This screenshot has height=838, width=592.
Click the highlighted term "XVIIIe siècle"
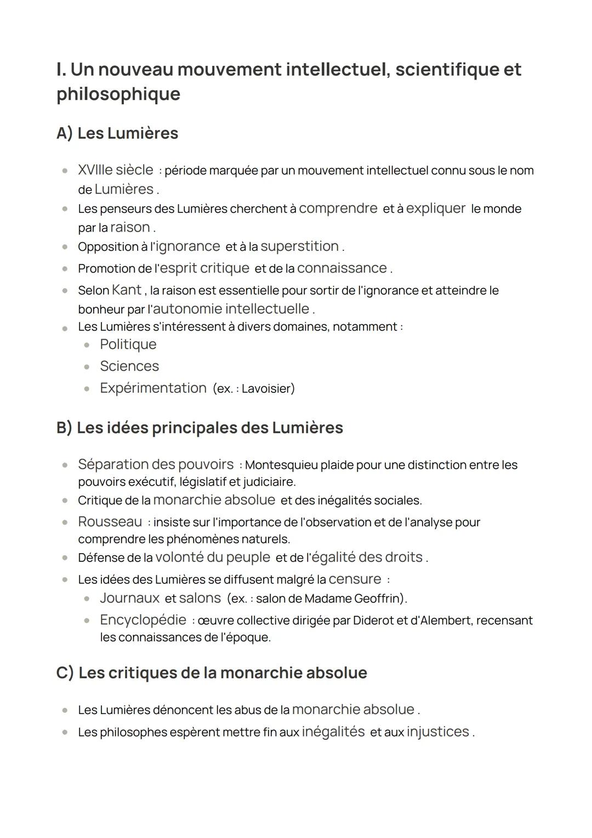(x=115, y=170)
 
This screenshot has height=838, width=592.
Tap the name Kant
(x=126, y=290)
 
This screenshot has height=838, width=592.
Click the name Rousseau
(x=110, y=521)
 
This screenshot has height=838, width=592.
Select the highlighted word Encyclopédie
(x=143, y=620)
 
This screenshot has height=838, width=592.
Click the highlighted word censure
(x=355, y=579)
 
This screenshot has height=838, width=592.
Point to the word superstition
(x=299, y=246)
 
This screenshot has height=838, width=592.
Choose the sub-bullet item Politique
(x=128, y=344)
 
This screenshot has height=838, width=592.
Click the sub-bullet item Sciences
(x=129, y=366)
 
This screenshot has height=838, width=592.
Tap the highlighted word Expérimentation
(x=153, y=388)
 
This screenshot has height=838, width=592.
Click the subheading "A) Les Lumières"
(x=117, y=133)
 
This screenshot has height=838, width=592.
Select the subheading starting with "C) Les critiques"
(x=212, y=673)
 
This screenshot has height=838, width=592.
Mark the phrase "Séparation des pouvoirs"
(x=156, y=464)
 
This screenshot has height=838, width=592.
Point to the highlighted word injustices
(x=437, y=732)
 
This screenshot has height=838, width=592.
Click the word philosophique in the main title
(x=118, y=94)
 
